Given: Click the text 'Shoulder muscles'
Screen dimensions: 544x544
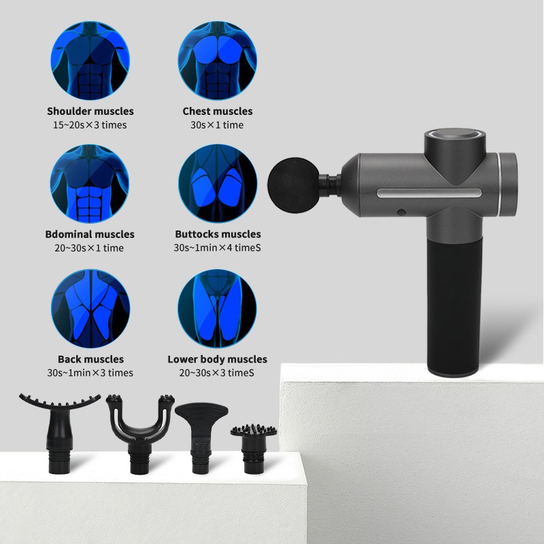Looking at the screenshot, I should [90, 111].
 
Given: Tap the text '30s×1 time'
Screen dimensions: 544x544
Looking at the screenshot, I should [217, 125].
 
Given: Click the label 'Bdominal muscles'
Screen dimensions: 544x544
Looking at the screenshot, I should [90, 234].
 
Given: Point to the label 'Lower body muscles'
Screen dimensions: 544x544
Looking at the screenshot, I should [217, 359].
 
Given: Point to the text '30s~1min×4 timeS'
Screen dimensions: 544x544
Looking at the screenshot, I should [217, 248].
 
